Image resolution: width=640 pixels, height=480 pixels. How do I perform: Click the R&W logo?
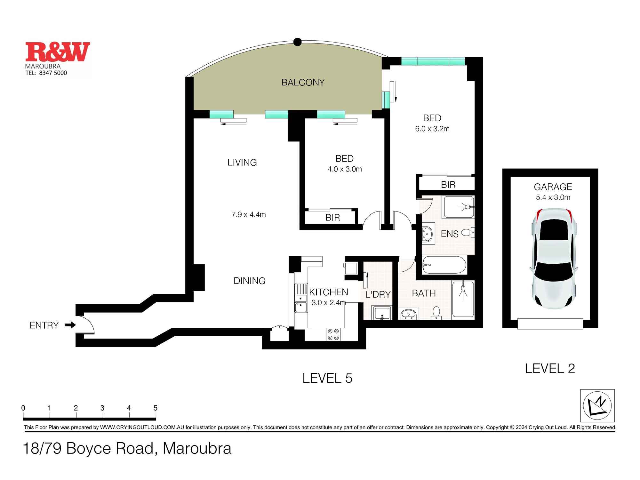tap(58, 52)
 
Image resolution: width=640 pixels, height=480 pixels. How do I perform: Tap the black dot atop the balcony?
tap(298, 42)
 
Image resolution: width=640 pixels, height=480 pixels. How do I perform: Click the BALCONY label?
tap(303, 83)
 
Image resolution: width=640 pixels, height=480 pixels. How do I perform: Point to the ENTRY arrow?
tap(70, 325)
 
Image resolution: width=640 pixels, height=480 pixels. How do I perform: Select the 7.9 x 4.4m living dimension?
tap(249, 214)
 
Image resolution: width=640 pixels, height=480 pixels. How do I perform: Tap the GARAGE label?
tap(553, 187)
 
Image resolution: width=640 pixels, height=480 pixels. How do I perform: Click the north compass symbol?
tap(597, 405)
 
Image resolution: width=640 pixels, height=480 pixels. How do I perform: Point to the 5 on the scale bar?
tap(155, 408)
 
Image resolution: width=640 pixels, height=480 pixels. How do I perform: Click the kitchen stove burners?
tap(333, 334)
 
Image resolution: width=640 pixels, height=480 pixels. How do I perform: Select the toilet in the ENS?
tap(468, 233)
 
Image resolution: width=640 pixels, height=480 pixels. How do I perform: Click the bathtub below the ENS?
tap(444, 265)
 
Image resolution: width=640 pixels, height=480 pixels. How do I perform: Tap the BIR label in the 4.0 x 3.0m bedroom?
tap(332, 218)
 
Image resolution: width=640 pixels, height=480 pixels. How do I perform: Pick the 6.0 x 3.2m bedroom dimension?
tap(432, 129)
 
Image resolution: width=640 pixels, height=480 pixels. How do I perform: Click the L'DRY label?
tap(378, 294)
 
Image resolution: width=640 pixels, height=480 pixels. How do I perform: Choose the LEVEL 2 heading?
tap(550, 369)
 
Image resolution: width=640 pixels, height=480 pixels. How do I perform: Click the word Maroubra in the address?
tap(197, 448)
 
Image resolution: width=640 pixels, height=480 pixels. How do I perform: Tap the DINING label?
tap(249, 281)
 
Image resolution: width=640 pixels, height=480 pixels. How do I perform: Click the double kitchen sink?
tap(301, 303)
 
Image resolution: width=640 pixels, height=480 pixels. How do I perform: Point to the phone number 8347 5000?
tap(53, 73)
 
